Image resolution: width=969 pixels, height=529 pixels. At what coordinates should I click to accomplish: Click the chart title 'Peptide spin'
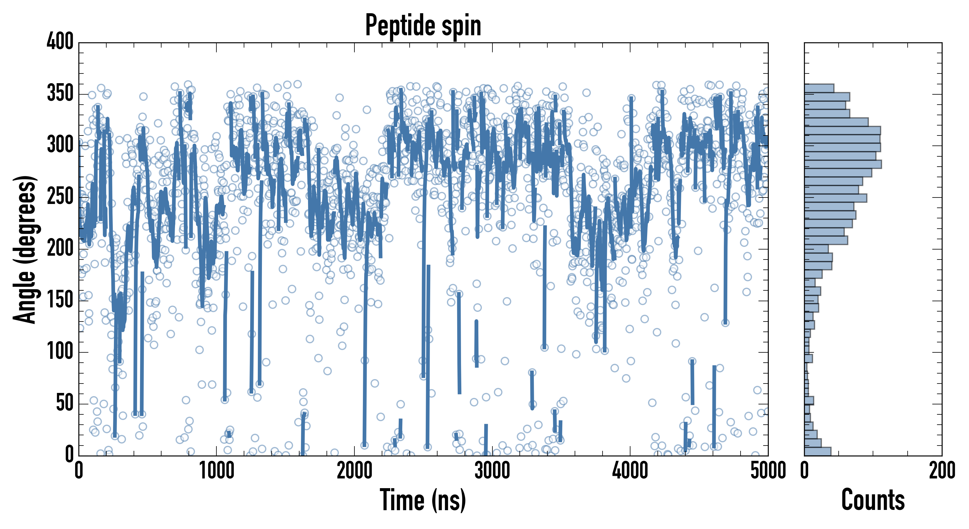pos(423,26)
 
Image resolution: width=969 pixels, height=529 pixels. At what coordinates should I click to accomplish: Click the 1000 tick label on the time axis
pos(217,471)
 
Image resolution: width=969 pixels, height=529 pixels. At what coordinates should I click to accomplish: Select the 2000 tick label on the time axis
pos(354,471)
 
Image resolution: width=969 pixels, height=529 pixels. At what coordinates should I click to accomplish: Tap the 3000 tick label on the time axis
pos(492,471)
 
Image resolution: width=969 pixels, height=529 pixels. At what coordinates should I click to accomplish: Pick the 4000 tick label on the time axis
pos(630,471)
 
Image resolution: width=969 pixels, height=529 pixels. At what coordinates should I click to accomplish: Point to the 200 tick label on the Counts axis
pos(942,471)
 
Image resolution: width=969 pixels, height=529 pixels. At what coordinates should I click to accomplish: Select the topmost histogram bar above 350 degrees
pos(819,88)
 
